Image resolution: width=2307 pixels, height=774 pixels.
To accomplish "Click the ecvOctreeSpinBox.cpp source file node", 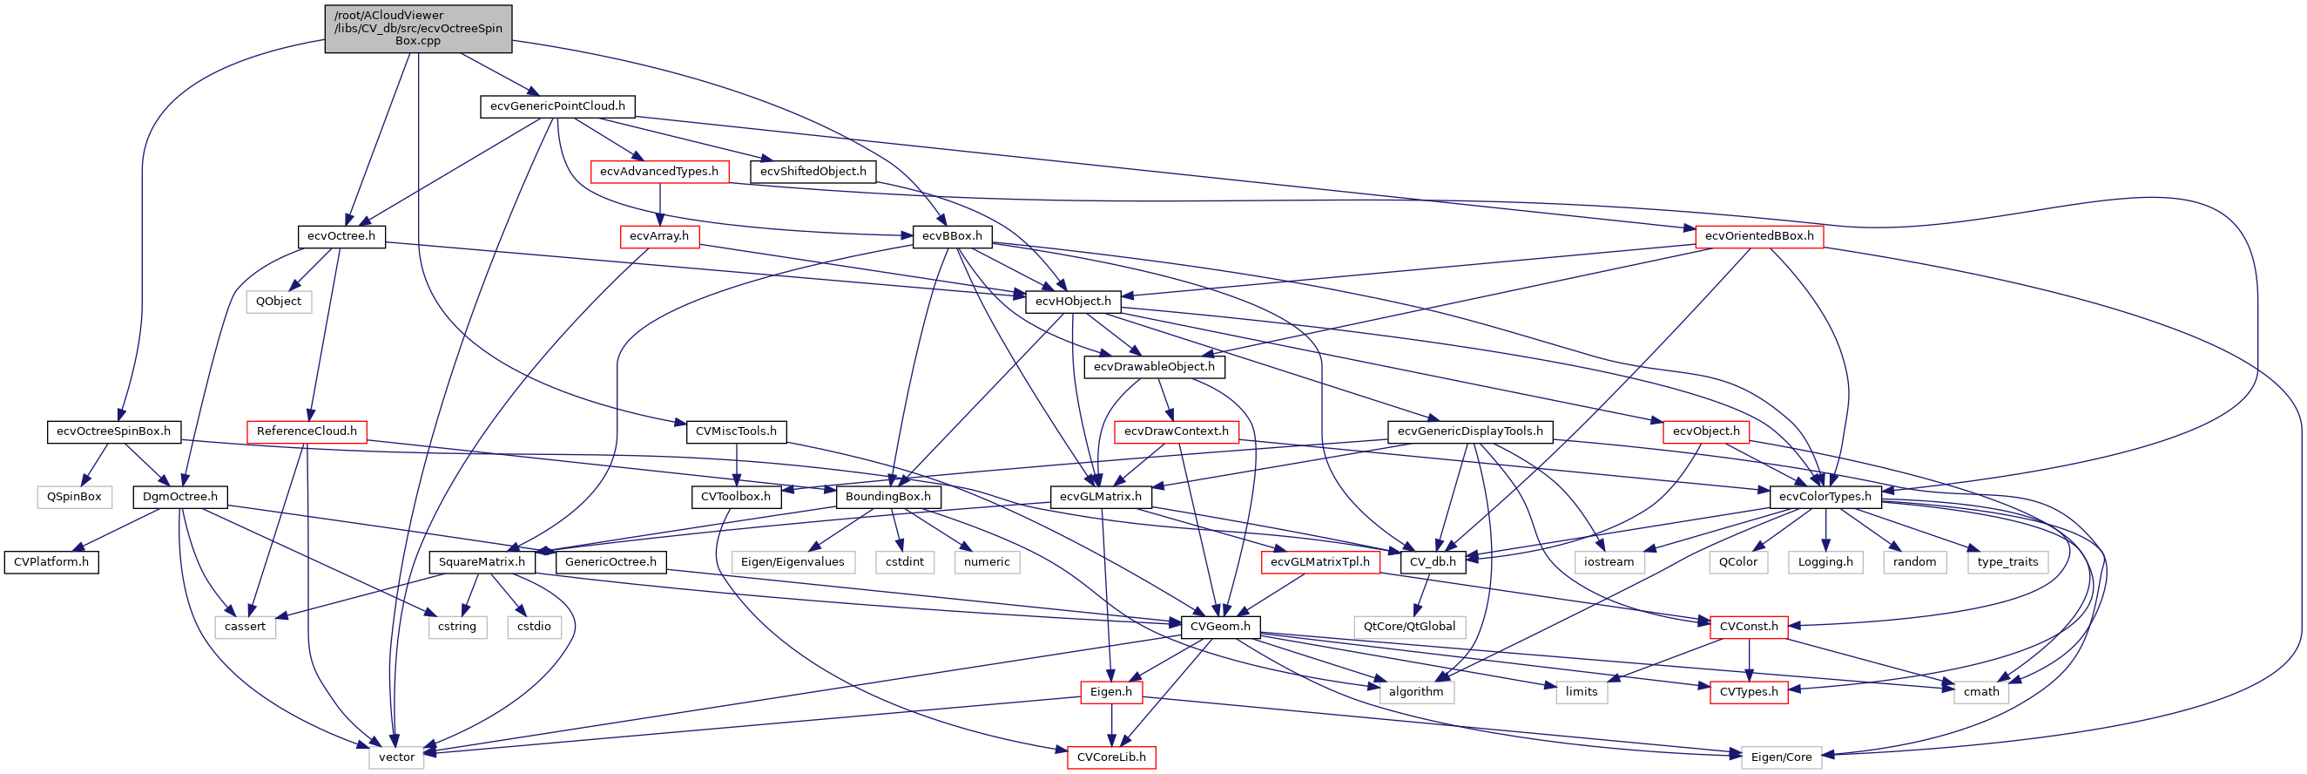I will [x=418, y=29].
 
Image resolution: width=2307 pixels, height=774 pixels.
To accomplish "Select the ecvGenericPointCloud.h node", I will [x=557, y=106].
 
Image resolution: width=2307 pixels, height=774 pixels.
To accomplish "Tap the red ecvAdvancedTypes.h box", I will [x=659, y=171].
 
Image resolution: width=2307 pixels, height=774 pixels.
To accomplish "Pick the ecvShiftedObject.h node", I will [x=813, y=171].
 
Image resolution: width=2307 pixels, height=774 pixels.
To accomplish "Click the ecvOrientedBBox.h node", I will [x=1759, y=236].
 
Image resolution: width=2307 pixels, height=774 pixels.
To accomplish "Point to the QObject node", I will [x=279, y=302].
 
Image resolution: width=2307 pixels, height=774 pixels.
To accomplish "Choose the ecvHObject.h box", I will [x=1072, y=302].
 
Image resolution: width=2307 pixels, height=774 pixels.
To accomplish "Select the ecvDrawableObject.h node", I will [x=1153, y=366].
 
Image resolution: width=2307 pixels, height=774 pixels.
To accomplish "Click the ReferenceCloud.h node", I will [x=307, y=431].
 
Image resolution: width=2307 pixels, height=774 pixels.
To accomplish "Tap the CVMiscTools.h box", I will [x=736, y=431].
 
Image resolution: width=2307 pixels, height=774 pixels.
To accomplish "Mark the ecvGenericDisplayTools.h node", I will [x=1470, y=431].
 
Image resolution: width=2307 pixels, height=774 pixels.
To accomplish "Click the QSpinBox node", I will [x=74, y=497].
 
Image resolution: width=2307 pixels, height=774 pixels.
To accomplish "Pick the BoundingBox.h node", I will [x=887, y=497].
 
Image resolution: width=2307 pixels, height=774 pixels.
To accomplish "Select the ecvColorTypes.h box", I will [x=1825, y=497].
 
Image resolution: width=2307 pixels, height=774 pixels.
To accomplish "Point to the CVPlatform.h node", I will [x=51, y=562].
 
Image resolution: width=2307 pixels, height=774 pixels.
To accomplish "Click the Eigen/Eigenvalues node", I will [x=793, y=562].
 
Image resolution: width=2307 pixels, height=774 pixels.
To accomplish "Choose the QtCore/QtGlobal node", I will [x=1409, y=627].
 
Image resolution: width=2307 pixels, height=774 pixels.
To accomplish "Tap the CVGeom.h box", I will [x=1220, y=627].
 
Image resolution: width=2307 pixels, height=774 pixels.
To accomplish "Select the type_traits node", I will [x=2007, y=562].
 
